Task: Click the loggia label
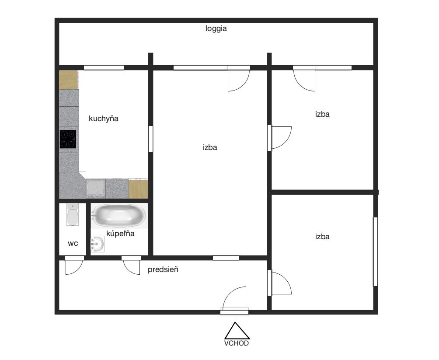216,29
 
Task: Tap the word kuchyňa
103,119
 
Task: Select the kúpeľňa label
120,234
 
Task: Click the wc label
73,244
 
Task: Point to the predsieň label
163,269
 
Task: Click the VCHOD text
236,343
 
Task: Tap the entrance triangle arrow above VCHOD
237,331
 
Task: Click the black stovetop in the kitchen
68,139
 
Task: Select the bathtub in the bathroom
119,216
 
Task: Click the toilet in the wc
73,214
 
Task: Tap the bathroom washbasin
98,244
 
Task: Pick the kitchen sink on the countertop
95,187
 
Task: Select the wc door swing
74,267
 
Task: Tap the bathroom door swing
132,267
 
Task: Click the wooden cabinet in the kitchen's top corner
69,80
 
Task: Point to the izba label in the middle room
210,147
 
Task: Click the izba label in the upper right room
322,114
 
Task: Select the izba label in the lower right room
322,237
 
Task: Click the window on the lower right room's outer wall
375,252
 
